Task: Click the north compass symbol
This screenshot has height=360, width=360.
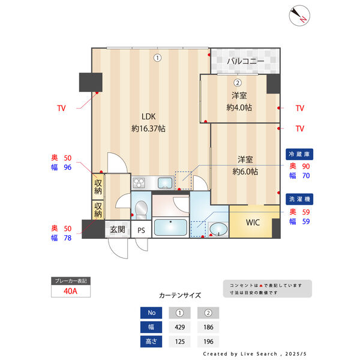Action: (299, 16)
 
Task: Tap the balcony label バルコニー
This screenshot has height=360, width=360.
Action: (245, 61)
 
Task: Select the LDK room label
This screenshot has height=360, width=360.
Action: (149, 116)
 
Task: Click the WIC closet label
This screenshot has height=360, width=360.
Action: (253, 223)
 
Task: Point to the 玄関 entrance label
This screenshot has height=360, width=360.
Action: (118, 229)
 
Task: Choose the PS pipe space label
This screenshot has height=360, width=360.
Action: (141, 230)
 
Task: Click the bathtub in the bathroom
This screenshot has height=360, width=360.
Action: (170, 227)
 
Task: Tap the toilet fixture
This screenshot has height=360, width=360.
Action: (141, 210)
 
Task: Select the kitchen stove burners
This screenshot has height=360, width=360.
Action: (139, 183)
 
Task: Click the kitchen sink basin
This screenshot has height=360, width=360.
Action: (165, 183)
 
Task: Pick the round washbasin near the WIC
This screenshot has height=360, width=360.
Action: (218, 229)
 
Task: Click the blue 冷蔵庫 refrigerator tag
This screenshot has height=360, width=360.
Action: (299, 154)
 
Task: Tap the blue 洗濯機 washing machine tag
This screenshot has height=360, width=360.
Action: (299, 199)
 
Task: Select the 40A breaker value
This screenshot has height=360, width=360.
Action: (70, 291)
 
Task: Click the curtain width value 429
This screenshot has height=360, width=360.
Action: (179, 327)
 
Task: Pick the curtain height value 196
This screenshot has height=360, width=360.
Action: (208, 341)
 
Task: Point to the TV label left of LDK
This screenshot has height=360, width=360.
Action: (61, 108)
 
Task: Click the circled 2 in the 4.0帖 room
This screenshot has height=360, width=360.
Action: (238, 83)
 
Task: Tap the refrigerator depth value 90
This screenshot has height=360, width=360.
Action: (306, 166)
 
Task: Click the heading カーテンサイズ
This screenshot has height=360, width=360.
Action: (180, 295)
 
